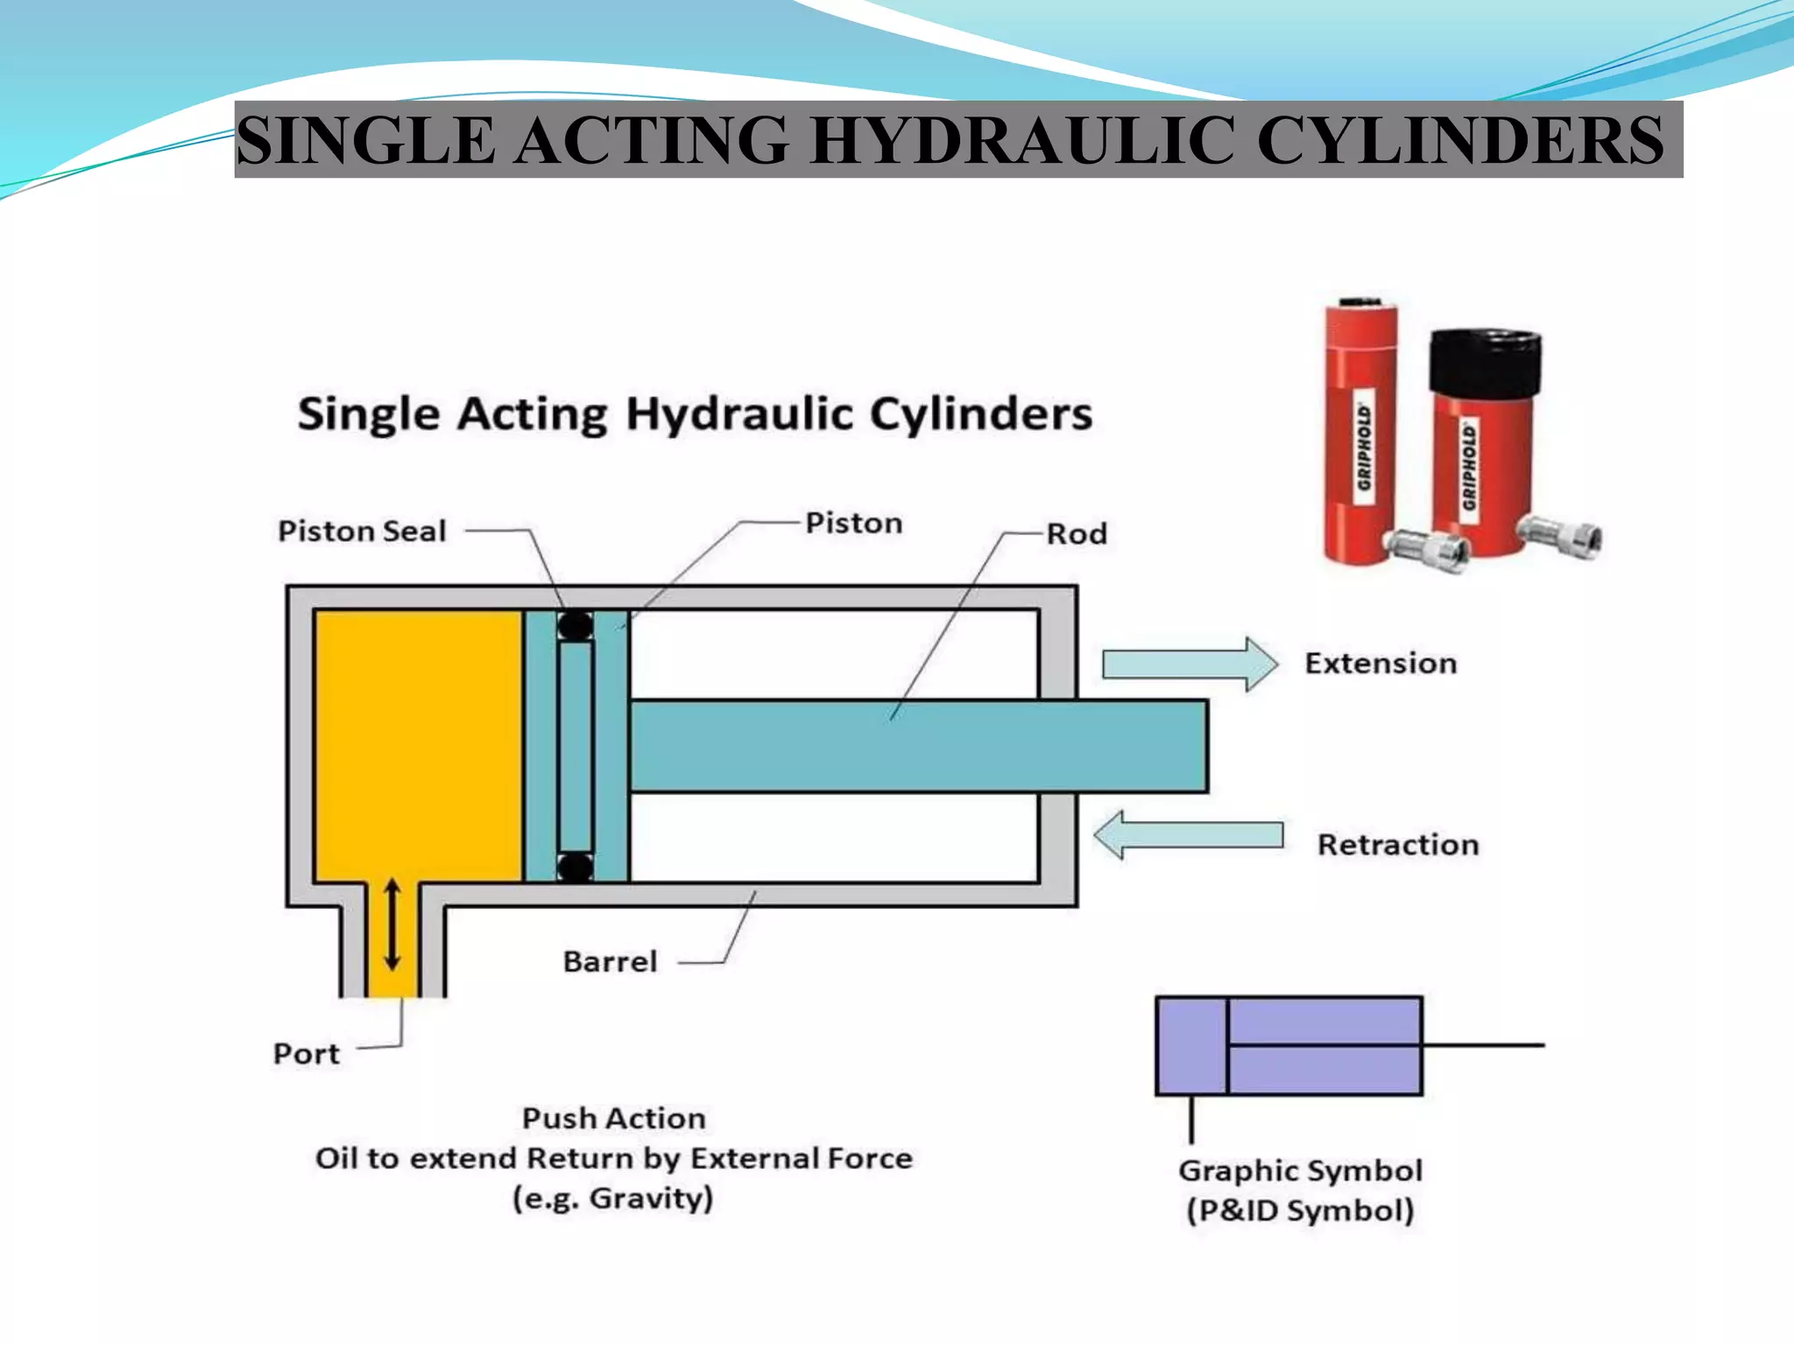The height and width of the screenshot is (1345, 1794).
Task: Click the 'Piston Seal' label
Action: click(x=362, y=532)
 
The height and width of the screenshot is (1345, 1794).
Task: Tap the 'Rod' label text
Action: click(x=1077, y=533)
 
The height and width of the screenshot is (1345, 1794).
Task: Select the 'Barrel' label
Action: click(x=610, y=961)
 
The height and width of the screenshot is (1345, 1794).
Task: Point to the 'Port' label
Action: click(x=306, y=1053)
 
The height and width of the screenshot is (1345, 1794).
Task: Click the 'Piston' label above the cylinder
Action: click(x=854, y=523)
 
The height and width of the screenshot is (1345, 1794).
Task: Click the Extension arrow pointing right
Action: click(x=1190, y=665)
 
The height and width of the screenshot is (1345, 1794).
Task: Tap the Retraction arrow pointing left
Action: click(x=1189, y=835)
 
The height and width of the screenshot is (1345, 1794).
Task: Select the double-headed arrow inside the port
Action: click(x=392, y=925)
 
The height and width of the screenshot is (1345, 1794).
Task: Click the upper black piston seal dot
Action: click(x=576, y=626)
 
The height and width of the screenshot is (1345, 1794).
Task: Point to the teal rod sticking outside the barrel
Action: click(x=1142, y=746)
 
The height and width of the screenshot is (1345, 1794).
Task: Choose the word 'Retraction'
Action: click(x=1398, y=845)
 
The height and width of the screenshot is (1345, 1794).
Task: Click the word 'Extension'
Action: click(x=1381, y=664)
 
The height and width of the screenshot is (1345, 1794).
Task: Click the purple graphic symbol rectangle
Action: click(x=1289, y=1046)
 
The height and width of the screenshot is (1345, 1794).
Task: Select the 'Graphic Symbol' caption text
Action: click(x=1300, y=1171)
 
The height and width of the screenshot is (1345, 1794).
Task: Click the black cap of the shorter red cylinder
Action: click(x=1485, y=361)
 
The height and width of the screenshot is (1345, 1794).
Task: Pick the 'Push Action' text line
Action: click(x=613, y=1118)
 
